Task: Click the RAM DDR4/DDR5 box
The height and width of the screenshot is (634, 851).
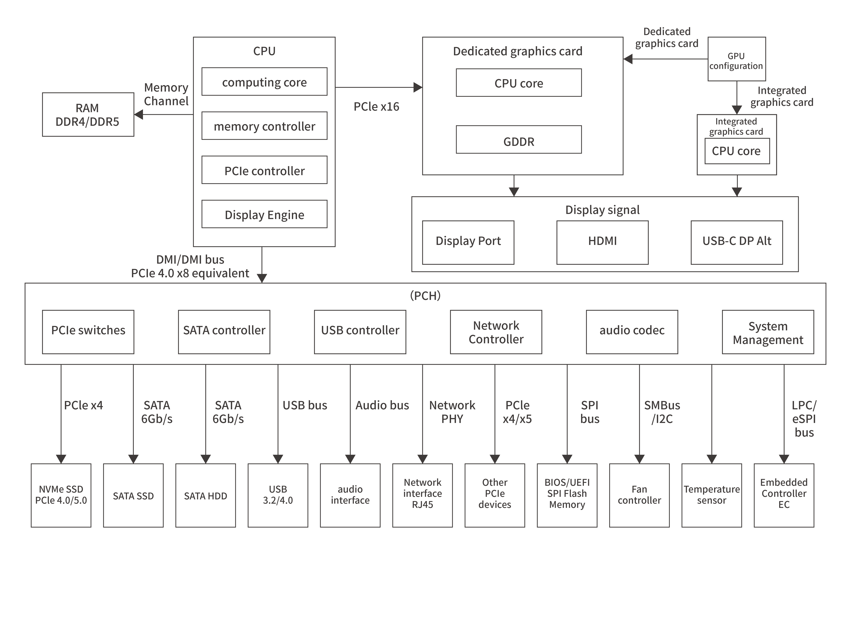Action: tap(88, 114)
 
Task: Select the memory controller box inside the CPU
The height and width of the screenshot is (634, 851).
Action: tap(264, 126)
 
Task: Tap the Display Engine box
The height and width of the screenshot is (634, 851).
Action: tap(264, 214)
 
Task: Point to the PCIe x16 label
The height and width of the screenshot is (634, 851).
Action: tap(376, 107)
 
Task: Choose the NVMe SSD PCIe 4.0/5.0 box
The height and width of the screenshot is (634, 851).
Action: tap(61, 495)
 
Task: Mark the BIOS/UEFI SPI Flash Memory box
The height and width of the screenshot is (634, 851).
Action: tap(567, 495)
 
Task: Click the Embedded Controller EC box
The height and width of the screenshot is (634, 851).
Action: tap(783, 495)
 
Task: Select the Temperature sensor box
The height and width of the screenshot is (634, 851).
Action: tap(711, 495)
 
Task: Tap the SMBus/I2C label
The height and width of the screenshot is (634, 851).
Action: tap(662, 412)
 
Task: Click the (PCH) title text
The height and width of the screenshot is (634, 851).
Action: tap(425, 295)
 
